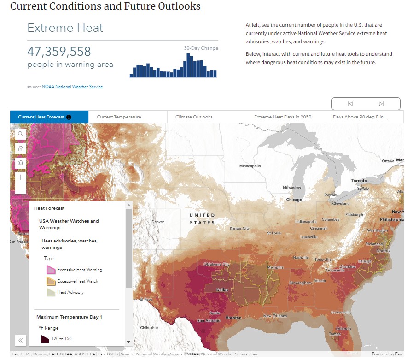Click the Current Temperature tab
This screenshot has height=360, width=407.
(119, 117)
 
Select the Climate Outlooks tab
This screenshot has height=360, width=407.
(194, 117)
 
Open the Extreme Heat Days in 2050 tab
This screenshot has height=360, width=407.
(282, 117)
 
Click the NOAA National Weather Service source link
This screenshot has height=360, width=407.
(72, 87)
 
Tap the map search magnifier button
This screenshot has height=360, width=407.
(21, 134)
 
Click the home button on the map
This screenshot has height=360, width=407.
(21, 148)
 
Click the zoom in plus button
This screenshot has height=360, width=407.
(21, 177)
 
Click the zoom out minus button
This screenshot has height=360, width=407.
(21, 189)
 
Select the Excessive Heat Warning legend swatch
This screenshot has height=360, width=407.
(51, 270)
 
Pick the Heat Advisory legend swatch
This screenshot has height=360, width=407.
(51, 292)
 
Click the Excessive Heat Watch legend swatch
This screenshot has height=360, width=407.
(51, 281)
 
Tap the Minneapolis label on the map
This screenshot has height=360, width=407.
(250, 166)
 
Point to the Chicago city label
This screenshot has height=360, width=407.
(294, 200)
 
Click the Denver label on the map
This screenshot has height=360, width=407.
(157, 222)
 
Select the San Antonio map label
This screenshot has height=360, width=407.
(209, 320)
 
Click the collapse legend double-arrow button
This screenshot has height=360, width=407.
(21, 341)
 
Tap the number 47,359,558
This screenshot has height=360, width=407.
(59, 52)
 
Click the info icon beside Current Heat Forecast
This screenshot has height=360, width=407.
(69, 117)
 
